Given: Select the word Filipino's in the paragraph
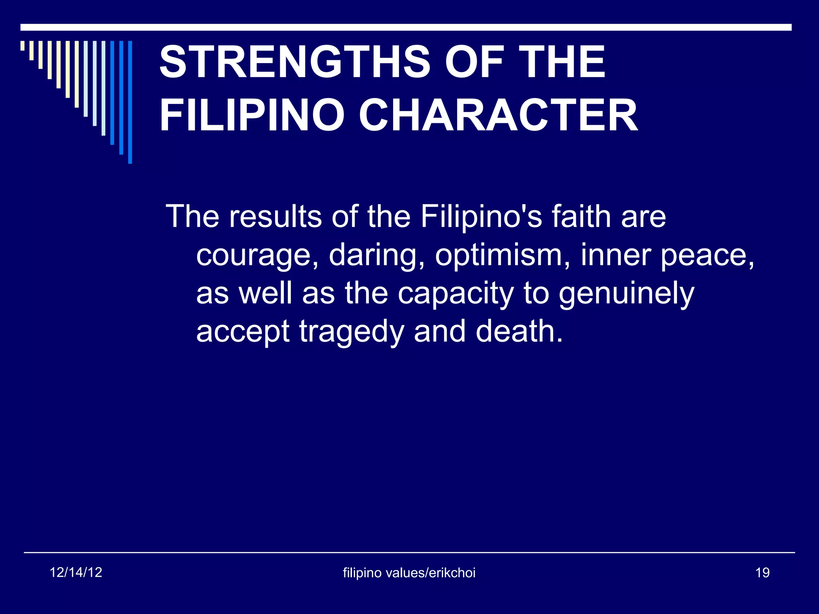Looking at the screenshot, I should point(481,216).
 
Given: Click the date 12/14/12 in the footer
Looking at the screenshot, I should point(76,572).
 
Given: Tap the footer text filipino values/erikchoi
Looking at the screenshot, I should point(409,573).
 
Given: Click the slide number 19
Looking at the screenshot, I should point(762,573).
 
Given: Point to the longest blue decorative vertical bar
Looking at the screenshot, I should point(130,102).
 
